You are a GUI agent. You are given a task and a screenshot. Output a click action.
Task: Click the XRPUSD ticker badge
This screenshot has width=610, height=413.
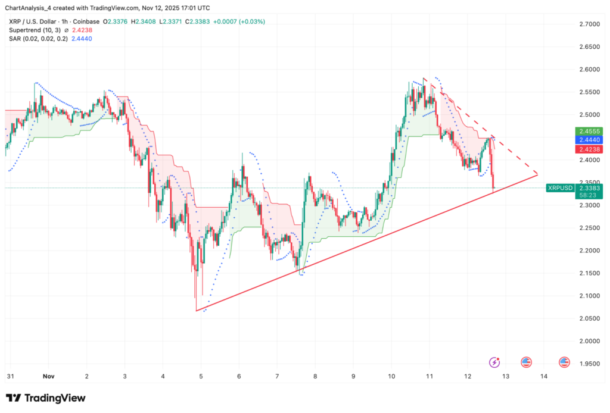point(559,187)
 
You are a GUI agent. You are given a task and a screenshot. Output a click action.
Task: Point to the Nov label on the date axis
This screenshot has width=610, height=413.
point(49,377)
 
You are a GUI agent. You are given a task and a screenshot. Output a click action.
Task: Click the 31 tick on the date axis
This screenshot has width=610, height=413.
point(10,377)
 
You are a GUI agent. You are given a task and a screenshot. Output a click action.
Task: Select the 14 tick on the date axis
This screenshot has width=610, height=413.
point(544,377)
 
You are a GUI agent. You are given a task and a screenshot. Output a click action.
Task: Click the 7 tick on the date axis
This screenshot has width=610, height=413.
point(277,377)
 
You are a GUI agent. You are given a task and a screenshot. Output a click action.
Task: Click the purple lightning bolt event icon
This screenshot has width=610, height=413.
point(494,362)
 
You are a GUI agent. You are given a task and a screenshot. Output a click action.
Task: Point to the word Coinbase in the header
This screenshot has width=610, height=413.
point(88,21)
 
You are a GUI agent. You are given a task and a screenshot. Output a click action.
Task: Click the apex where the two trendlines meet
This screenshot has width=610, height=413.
point(538,174)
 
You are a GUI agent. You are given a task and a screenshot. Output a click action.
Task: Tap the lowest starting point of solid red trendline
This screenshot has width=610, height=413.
point(196,311)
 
